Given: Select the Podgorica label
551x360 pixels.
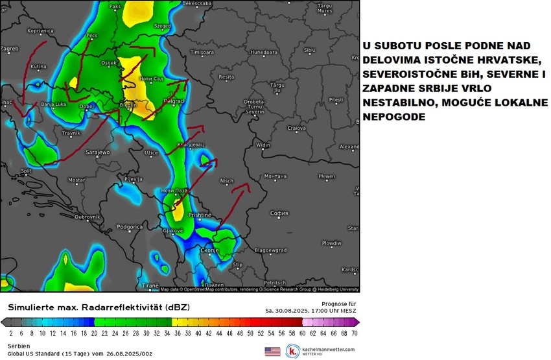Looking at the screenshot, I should [129, 226].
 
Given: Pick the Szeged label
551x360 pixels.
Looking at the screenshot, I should [162, 27].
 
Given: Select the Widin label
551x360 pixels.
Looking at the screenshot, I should [263, 145].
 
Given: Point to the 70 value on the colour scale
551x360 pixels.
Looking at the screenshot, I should [355, 333].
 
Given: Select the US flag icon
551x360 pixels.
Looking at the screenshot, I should [271, 351].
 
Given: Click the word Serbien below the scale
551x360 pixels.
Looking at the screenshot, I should [18, 346].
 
